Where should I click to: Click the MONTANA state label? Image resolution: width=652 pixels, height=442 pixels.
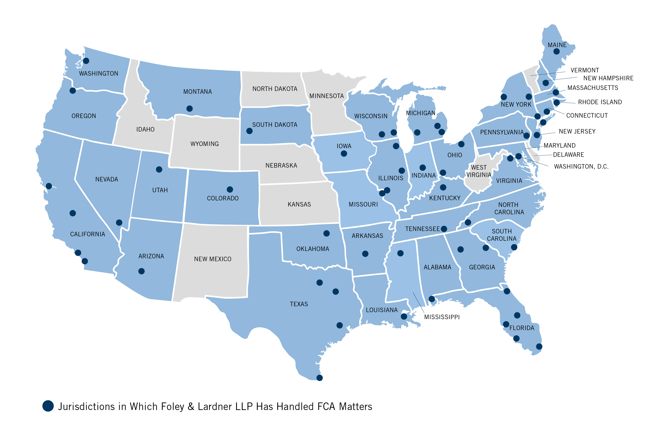[198, 92]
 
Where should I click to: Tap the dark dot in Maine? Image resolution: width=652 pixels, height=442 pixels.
[556, 52]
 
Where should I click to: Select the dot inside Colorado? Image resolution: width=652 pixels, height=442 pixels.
[230, 189]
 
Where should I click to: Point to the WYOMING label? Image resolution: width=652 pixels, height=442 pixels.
[204, 144]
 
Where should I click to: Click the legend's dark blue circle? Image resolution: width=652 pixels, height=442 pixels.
[48, 406]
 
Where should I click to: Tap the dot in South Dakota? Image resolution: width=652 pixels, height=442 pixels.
[249, 131]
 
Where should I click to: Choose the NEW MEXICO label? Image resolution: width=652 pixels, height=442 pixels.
[213, 259]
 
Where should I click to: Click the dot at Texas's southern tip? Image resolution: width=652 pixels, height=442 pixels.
[319, 378]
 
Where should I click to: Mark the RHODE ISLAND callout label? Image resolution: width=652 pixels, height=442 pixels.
[600, 102]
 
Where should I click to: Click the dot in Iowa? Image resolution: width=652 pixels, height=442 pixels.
[344, 154]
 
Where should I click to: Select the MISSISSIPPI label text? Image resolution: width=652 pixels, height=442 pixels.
[442, 317]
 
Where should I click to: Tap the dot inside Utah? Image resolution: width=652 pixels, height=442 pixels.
[159, 169]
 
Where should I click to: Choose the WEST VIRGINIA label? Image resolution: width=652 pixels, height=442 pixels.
[479, 171]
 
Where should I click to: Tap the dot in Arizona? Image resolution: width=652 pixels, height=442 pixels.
[141, 271]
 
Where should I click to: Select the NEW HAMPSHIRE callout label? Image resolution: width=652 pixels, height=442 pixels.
[608, 78]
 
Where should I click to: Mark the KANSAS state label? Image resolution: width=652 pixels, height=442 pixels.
[299, 204]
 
